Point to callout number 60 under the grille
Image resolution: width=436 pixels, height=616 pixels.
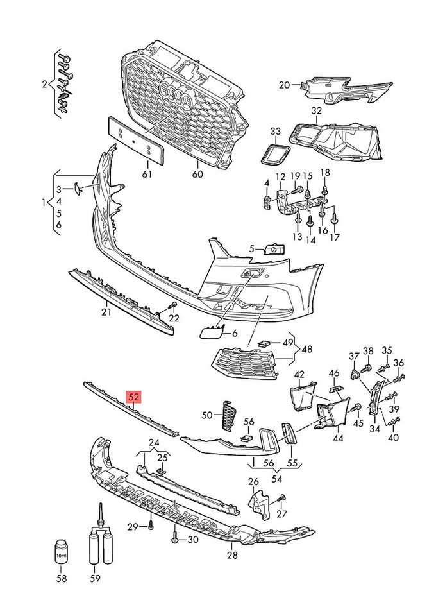coord(197,175)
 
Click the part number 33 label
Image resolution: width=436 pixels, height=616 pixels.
coord(275,132)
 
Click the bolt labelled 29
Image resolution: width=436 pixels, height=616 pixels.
coord(151,526)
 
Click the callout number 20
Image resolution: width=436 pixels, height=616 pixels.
coord(285,85)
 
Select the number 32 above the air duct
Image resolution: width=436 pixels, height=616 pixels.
coord(316,110)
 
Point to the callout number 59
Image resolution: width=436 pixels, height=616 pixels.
coord(96,579)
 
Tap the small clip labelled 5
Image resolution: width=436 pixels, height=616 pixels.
coord(274,248)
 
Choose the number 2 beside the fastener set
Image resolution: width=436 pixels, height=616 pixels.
coord(45,85)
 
